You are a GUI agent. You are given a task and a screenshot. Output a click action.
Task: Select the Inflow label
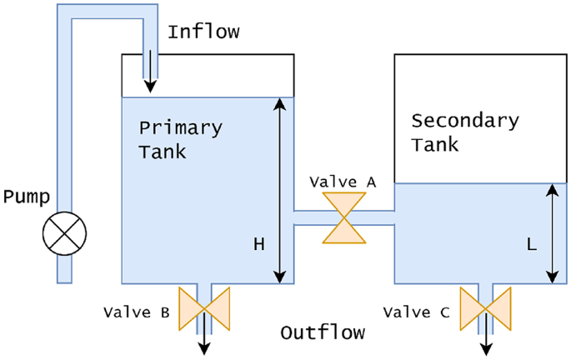pos(203,32)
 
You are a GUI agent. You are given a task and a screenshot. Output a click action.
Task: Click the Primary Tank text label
pos(180,140)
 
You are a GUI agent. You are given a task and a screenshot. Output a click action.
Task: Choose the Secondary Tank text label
pos(464,132)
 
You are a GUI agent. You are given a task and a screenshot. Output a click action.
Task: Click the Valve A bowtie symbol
pos(344,218)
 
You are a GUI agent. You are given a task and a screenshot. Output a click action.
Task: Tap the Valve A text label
pos(343,181)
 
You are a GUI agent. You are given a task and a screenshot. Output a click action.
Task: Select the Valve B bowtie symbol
pos(204,307)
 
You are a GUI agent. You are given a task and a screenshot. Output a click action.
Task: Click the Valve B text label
pos(137,313)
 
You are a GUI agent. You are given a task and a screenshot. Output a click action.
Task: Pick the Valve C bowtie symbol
pos(484,307)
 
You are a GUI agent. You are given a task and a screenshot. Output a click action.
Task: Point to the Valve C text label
pos(417,313)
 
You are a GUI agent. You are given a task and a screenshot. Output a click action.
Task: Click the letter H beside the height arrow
pos(259,244)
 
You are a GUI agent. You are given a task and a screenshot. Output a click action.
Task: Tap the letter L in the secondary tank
pos(530,244)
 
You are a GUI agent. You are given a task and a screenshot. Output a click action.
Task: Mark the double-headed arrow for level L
pos(551,233)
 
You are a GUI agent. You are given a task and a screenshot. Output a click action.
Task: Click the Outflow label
pos(323,333)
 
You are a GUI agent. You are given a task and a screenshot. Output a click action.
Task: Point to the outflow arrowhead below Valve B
pos(204,348)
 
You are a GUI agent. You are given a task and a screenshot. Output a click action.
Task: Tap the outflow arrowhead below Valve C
pos(484,348)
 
